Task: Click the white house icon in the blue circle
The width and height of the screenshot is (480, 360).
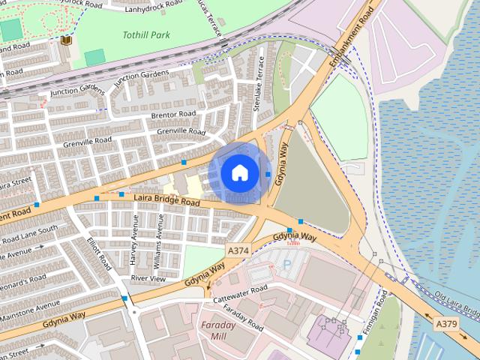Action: (239, 172)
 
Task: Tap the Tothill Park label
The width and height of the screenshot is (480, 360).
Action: (146, 34)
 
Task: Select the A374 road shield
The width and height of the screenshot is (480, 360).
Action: (237, 249)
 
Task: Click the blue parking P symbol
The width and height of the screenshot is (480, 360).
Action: (286, 264)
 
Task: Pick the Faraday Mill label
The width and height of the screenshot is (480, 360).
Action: (218, 331)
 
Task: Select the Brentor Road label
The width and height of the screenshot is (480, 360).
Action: (173, 114)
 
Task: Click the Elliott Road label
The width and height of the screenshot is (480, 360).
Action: (99, 255)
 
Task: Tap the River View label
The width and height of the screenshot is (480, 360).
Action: (148, 278)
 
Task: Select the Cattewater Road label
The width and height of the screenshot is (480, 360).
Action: (240, 293)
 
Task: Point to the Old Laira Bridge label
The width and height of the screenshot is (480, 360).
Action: (457, 303)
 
